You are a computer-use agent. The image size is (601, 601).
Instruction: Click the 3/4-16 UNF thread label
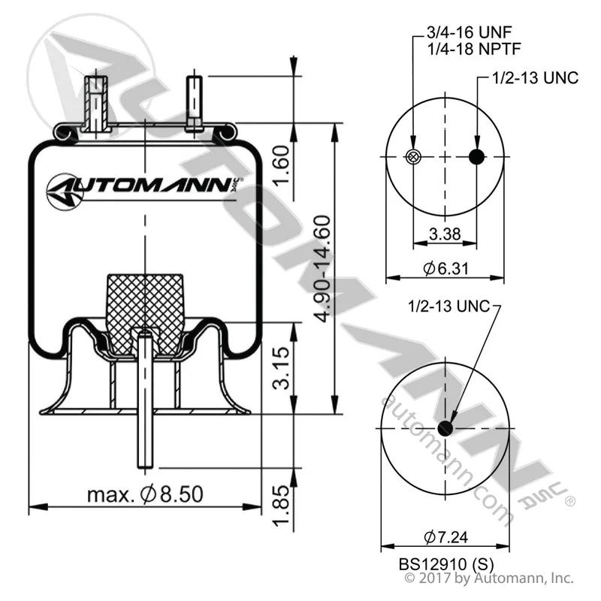pos(469,32)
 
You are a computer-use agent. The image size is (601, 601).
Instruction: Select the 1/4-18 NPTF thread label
pos(474,49)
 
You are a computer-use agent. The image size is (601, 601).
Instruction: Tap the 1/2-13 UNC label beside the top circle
pos(535,78)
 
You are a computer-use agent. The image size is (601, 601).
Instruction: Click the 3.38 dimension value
pos(445,234)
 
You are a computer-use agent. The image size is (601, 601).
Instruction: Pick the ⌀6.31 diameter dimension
pos(445,268)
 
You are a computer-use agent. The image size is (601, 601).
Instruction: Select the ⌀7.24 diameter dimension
pos(445,537)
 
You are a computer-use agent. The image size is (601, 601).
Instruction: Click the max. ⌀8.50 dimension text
pos(145,494)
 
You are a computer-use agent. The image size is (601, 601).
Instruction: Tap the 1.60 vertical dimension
pos(282,165)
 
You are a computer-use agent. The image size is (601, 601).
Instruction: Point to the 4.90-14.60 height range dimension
pos(322,269)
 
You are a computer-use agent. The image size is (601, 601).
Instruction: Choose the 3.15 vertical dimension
pos(282,368)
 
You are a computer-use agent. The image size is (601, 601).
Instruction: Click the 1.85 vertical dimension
pos(282,506)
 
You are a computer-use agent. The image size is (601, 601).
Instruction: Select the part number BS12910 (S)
pos(446,564)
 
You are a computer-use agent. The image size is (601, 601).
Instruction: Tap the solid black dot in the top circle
pos(477,156)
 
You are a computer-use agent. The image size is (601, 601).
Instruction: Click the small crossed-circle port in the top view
pos(412,156)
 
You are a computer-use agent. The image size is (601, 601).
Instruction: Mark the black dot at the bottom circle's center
pos(445,428)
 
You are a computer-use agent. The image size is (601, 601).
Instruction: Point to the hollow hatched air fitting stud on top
pos(96,104)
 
